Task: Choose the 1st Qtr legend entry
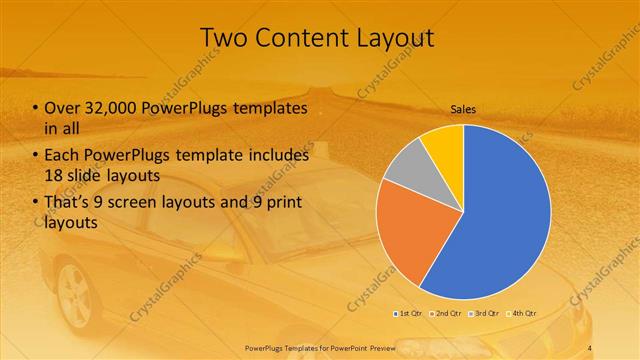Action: coord(407,313)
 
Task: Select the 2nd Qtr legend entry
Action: coord(446,313)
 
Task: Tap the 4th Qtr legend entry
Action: coord(523,313)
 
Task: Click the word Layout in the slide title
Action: coord(391,38)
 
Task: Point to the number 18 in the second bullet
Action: coord(53,174)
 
